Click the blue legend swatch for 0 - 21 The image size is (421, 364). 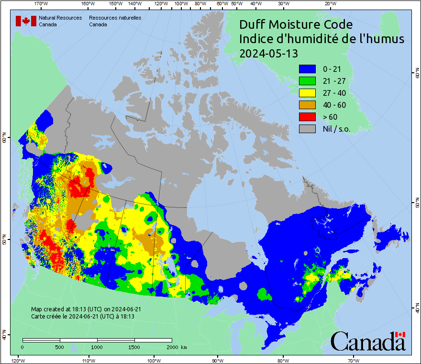(307, 69)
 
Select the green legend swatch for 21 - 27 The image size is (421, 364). (307, 81)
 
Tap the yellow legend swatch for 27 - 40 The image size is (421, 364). (307, 93)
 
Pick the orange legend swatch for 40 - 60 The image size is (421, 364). (307, 105)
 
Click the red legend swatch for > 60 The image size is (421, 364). (307, 117)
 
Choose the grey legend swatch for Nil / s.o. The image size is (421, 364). (307, 129)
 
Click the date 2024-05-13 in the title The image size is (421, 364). (268, 54)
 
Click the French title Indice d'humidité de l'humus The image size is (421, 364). (321, 39)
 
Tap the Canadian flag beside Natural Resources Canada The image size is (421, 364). (26, 21)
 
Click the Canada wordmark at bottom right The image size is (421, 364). (368, 341)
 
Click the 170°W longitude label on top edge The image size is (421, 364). (42, 4)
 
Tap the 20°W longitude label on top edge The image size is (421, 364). (329, 4)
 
